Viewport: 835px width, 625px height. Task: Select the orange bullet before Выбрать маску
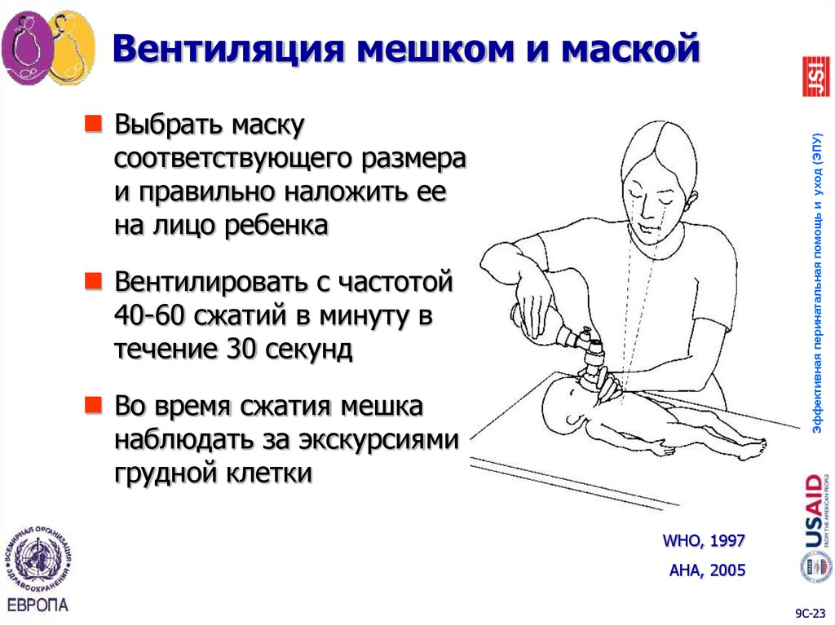click(x=95, y=124)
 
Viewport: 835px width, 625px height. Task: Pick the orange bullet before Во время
click(x=95, y=403)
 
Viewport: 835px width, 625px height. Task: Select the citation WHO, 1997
click(x=704, y=540)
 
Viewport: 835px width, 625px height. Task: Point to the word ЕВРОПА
click(x=38, y=605)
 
